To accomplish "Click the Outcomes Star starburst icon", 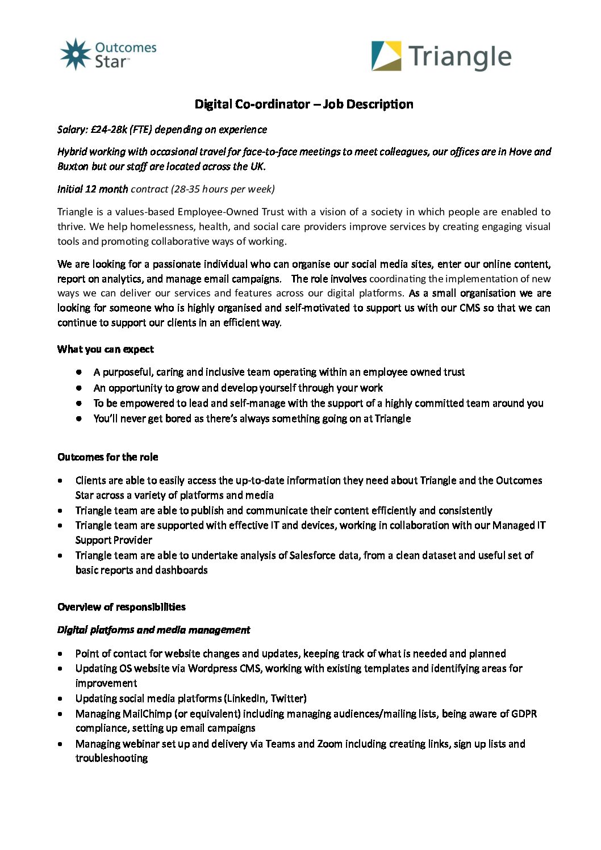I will (76, 55).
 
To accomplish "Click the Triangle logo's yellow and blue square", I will (386, 56).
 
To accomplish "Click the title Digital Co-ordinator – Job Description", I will (304, 104).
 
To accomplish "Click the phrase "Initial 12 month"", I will (93, 189).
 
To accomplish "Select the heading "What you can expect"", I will (106, 349).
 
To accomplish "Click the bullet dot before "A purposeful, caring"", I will (80, 372).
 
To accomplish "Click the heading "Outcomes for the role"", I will (108, 457).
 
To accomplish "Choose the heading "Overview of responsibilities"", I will (122, 607).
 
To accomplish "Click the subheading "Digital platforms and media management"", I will (153, 630).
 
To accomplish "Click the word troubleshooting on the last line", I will (111, 758).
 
